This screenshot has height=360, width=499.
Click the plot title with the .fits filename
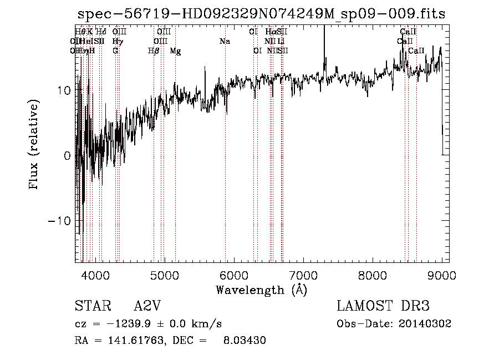[261, 14]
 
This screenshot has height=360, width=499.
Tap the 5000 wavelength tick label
[164, 275]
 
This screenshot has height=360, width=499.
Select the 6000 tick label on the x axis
[233, 275]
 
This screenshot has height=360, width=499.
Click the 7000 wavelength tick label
[303, 275]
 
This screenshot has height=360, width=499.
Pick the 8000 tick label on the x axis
[372, 275]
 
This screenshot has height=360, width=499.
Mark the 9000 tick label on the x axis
[441, 275]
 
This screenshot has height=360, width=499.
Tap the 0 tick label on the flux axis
[67, 156]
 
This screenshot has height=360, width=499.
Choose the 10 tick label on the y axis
[63, 90]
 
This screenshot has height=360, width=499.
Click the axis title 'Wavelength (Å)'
[261, 290]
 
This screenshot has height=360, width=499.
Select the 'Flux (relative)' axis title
[34, 145]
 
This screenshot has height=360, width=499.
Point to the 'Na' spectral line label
[225, 42]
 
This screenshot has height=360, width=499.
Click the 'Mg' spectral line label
[175, 51]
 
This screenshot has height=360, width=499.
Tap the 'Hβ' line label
[154, 51]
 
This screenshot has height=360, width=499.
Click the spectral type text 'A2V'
[147, 306]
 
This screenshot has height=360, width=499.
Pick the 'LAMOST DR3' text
[383, 306]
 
